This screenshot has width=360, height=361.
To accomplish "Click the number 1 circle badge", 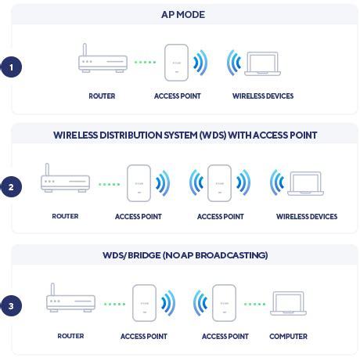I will (11, 67).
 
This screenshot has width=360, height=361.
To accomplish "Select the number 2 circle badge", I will (11, 187).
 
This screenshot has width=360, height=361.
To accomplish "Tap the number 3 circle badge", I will (11, 306).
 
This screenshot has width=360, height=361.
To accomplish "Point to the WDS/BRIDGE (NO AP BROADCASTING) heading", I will (185, 255).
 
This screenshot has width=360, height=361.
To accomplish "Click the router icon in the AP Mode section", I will (103, 61).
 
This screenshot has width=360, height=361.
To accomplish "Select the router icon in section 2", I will (65, 179).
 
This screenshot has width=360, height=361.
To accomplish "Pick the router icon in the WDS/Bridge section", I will (70, 299).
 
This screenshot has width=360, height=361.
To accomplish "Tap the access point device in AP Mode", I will (177, 63).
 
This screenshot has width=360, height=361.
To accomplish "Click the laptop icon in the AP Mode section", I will (262, 63).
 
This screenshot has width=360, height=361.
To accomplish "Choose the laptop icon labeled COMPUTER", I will (288, 302).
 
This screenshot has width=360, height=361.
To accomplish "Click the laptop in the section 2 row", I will (305, 183).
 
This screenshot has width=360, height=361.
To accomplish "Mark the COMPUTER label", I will (288, 337).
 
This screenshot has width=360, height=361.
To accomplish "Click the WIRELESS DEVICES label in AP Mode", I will (263, 96).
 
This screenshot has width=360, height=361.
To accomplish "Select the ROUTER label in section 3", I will (70, 336).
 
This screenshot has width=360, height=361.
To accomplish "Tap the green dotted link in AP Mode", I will (145, 63).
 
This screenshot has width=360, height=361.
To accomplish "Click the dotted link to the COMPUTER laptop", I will (254, 304).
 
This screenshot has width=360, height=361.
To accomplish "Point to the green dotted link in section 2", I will (110, 185).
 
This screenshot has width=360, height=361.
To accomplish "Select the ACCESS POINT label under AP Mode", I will (177, 96).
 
